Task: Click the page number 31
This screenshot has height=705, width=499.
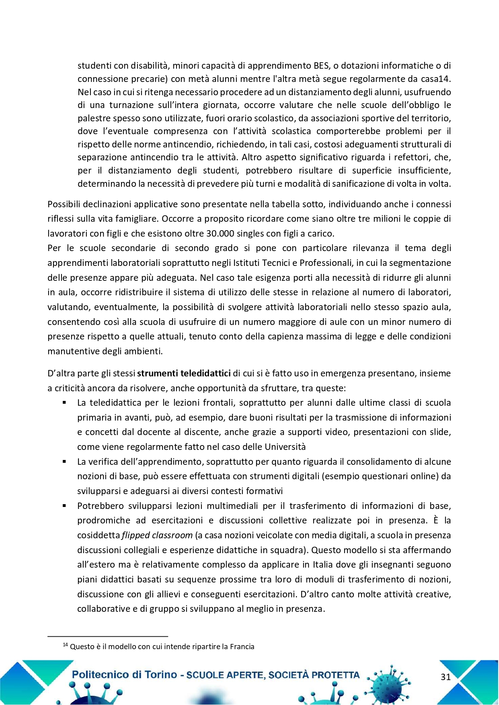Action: point(446,677)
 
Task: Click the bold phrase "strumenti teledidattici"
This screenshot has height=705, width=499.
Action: point(184,373)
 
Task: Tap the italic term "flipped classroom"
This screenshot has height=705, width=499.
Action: point(157,535)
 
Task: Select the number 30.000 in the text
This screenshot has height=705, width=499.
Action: point(220,233)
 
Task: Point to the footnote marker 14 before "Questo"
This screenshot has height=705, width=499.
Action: point(66,645)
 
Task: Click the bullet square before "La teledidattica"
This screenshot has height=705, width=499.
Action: point(64,403)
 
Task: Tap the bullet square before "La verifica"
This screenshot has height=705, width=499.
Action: point(64,462)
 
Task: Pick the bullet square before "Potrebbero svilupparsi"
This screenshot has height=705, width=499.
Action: point(64,506)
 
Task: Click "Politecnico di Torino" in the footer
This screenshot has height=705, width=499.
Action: point(124,674)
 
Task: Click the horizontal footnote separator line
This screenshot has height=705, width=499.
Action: point(107,636)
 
